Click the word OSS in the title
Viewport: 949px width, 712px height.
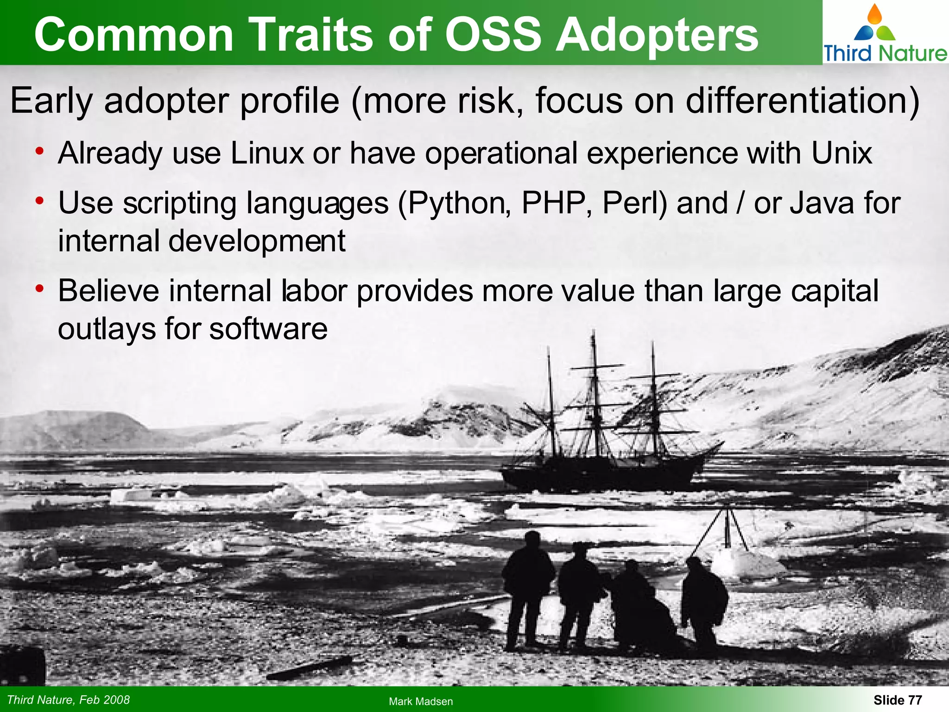click(x=493, y=35)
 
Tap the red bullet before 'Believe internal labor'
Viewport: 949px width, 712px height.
click(x=40, y=289)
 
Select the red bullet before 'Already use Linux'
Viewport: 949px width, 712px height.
click(x=40, y=151)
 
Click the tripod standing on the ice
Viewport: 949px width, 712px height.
click(x=728, y=533)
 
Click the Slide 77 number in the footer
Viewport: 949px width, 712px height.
click(x=898, y=700)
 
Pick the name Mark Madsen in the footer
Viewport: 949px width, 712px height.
click(x=421, y=701)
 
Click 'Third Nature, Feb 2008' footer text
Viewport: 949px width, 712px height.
click(x=69, y=699)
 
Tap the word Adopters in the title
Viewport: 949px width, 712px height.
click(x=657, y=35)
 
